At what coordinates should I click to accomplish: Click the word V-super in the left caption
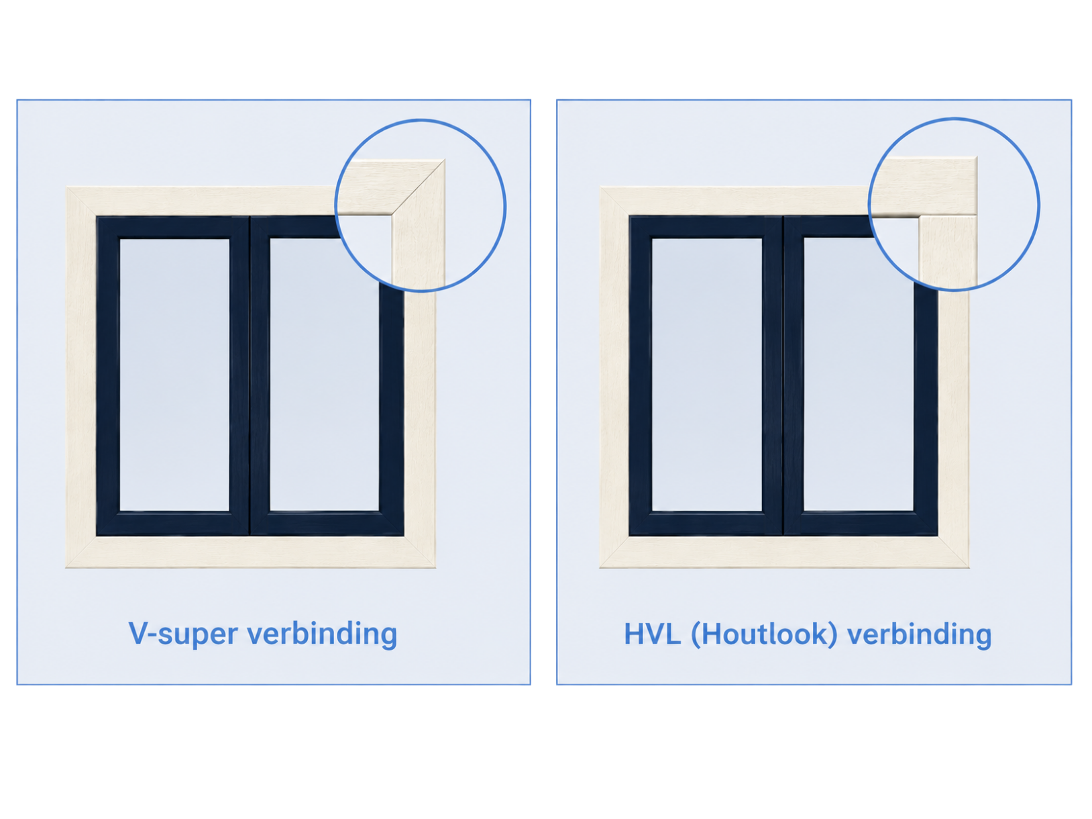pos(183,633)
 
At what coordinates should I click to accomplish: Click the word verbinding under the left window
pos(323,633)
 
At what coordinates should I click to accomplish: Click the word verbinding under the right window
pos(920,634)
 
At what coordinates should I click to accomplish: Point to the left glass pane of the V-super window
pos(174,375)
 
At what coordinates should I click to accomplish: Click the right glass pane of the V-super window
pos(325,375)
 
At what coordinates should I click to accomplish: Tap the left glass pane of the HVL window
pos(707,375)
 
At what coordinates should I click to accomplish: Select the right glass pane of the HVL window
pos(859,375)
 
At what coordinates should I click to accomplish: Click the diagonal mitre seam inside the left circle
pos(417,188)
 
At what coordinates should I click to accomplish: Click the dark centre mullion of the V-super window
pos(250,376)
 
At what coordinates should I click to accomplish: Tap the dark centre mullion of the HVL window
pos(783,376)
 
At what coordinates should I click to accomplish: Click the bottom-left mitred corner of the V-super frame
pos(81,552)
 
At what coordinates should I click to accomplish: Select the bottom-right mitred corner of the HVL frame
pos(953,552)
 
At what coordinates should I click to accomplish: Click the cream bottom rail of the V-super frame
pos(251,552)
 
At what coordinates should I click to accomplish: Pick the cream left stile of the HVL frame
pos(614,377)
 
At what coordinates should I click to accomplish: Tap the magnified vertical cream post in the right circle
pos(948,252)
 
